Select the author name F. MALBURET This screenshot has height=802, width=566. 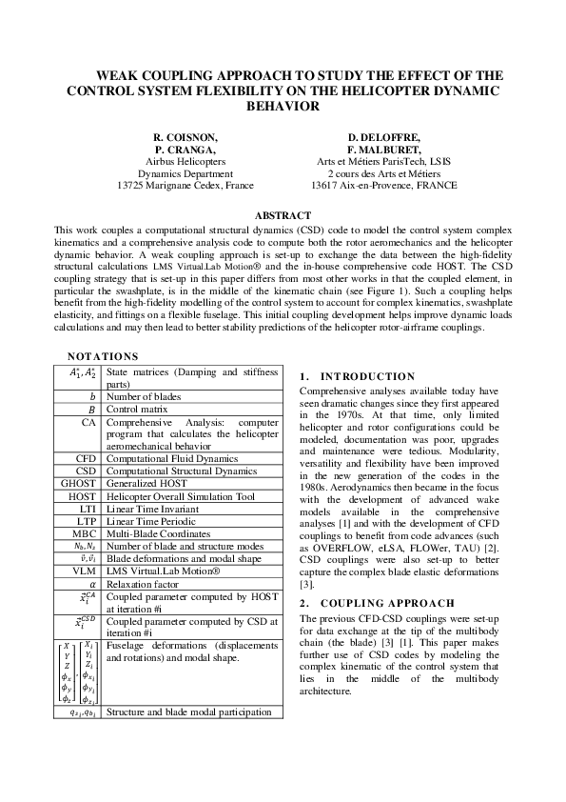(378, 150)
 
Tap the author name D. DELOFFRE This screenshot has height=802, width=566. (378, 137)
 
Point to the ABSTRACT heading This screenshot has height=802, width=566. (283, 216)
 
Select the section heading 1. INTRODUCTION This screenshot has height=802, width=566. (357, 376)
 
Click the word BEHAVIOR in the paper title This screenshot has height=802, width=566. (283, 107)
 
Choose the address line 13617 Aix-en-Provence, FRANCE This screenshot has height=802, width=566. (378, 186)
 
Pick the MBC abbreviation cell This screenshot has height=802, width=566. (87, 532)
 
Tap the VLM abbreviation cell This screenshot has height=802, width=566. (87, 570)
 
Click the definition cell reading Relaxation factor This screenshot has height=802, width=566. (143, 583)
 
